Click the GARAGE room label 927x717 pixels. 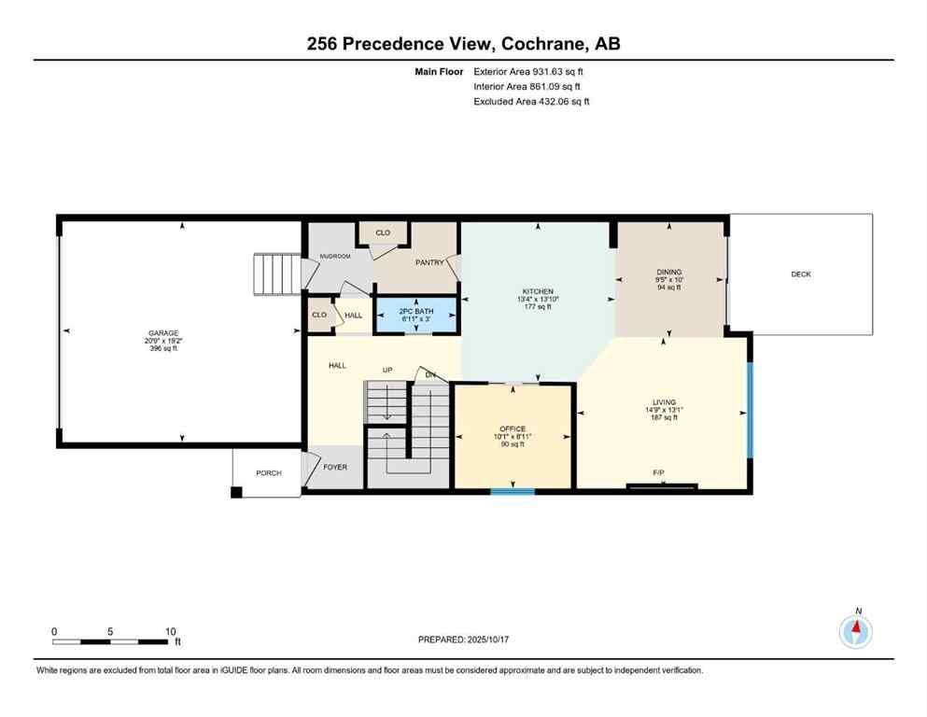click(162, 333)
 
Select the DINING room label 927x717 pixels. click(669, 273)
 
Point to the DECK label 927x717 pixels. click(801, 274)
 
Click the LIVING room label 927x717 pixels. click(664, 402)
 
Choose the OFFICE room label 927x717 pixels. click(513, 429)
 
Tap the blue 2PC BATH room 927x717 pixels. click(416, 315)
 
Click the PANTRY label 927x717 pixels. click(429, 262)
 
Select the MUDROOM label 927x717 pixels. click(334, 256)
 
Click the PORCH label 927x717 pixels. click(269, 473)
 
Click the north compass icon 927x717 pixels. click(856, 632)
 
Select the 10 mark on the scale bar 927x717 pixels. click(171, 632)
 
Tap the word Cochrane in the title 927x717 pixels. click(543, 43)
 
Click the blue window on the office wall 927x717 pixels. click(513, 491)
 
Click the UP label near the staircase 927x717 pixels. click(387, 371)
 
